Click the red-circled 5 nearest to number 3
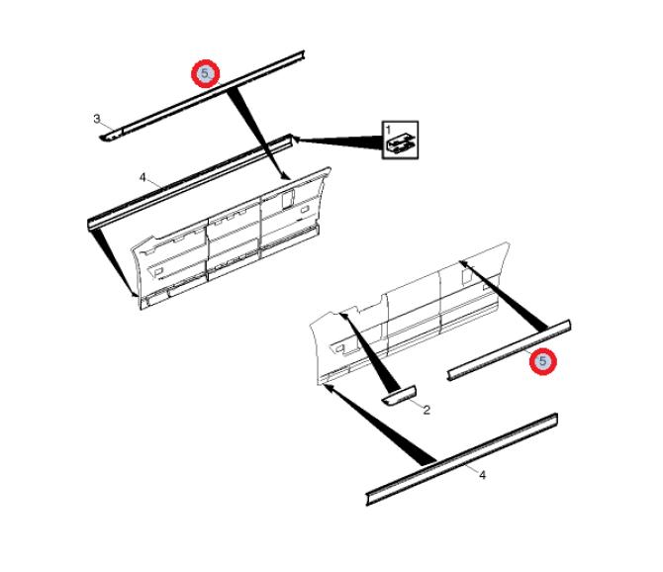(205, 73)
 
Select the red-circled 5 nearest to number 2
(543, 361)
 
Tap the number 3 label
(97, 119)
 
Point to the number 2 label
(426, 410)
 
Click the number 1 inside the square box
(388, 129)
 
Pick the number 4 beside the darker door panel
(142, 177)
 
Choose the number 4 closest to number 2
(482, 475)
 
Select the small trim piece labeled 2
(400, 395)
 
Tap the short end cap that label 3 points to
(111, 136)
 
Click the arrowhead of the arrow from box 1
(296, 138)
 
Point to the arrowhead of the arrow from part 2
(342, 316)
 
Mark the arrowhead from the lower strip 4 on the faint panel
(327, 386)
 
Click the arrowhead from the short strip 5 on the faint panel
(463, 263)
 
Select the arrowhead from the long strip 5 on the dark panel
(286, 176)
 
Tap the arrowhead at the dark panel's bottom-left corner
(134, 293)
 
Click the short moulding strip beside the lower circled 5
(509, 350)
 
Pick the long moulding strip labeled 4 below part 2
(461, 459)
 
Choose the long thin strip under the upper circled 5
(203, 96)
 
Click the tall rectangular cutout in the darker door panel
(288, 198)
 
